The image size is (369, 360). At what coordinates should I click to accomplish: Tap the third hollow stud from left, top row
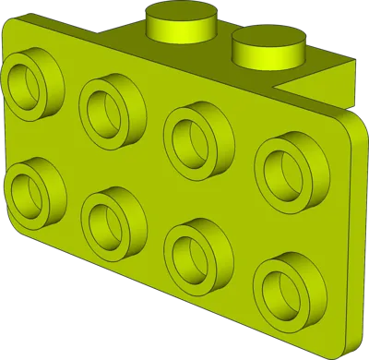click(x=196, y=134)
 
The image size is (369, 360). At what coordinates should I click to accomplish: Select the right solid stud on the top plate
click(x=268, y=46)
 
